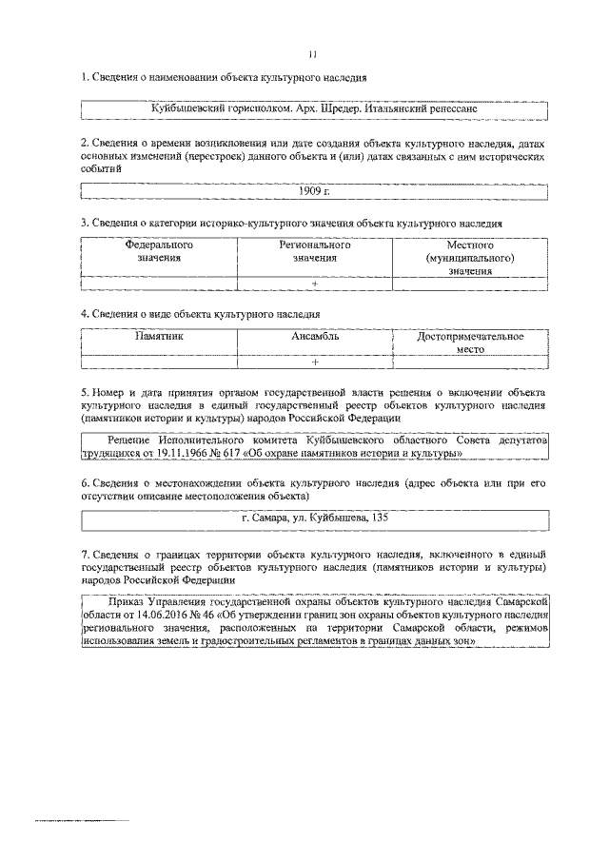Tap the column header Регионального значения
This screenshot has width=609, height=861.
click(x=314, y=251)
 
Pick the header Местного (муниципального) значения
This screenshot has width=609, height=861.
click(x=472, y=257)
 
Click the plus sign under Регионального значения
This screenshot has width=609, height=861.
click(x=314, y=284)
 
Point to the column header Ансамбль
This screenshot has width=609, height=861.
click(x=314, y=336)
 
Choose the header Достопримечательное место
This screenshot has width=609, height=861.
click(x=471, y=342)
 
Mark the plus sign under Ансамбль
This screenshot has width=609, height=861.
click(x=314, y=362)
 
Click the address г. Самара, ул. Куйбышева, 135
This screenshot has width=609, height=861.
click(x=314, y=519)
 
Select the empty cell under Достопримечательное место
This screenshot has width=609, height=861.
click(x=471, y=362)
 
